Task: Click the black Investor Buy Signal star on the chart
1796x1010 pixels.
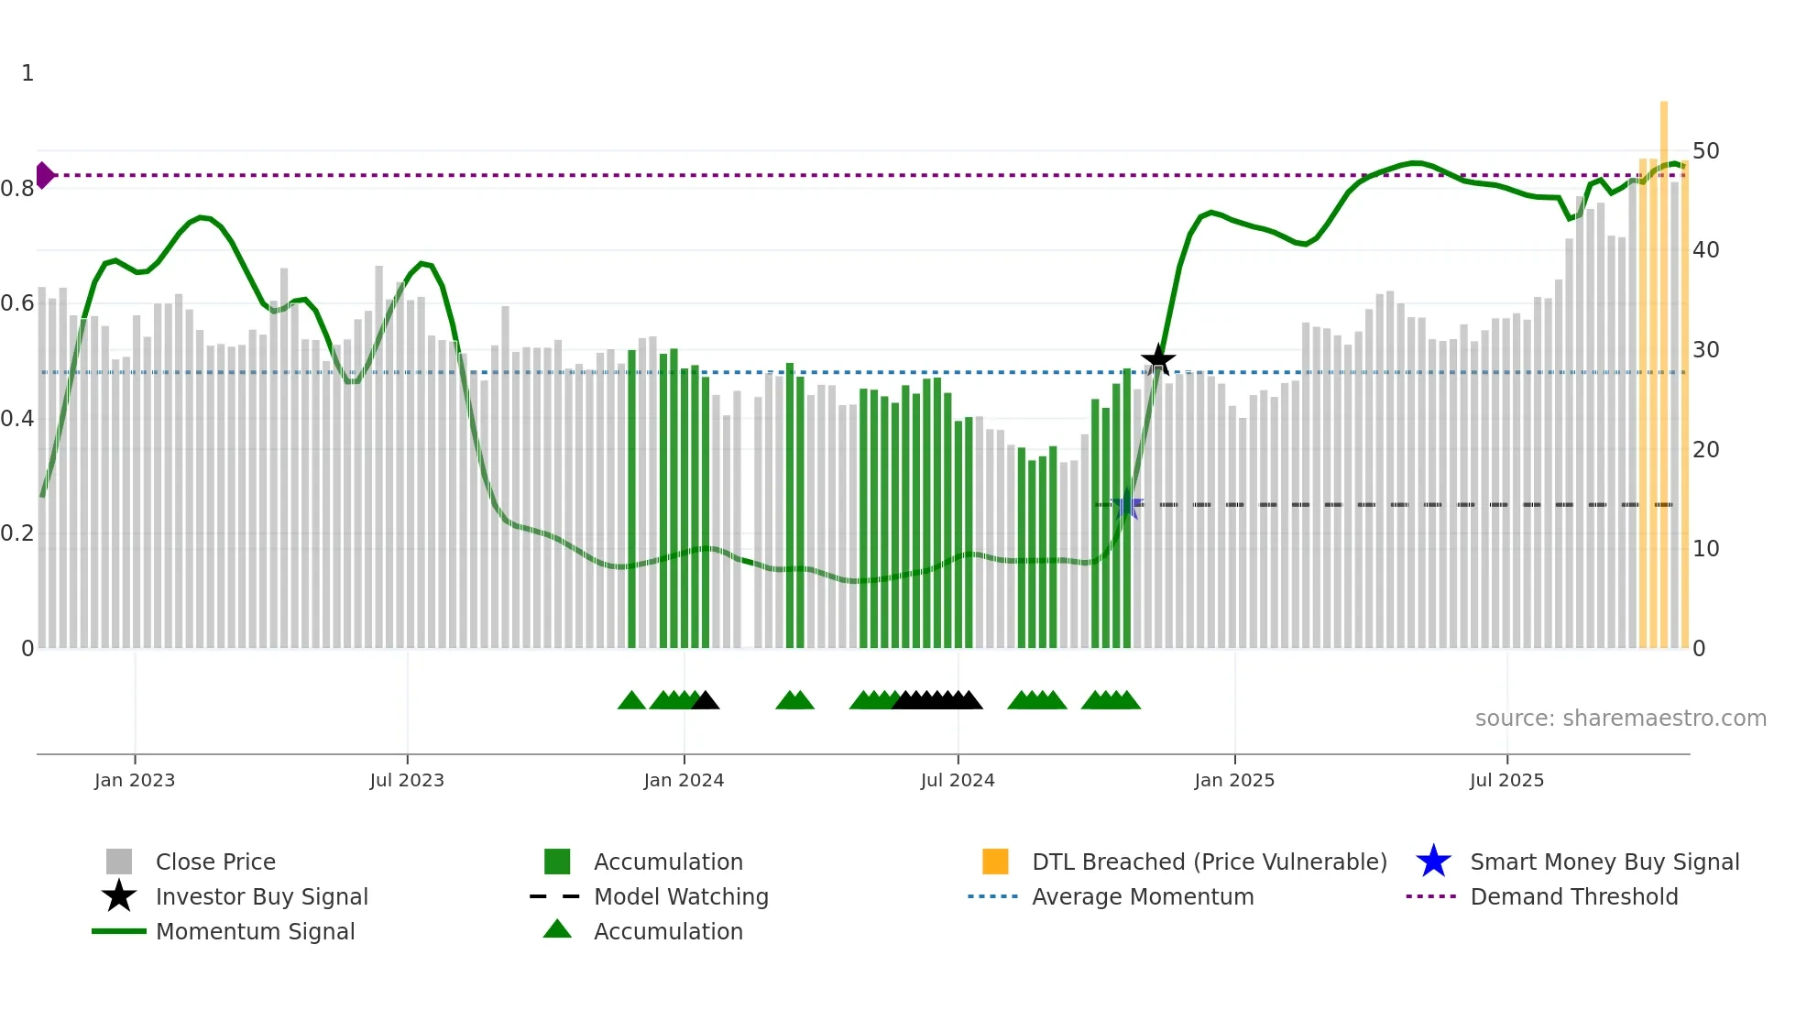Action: pos(1158,359)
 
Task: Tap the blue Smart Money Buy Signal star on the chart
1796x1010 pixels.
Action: pos(1127,504)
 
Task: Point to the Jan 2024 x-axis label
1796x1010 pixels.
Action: pos(684,780)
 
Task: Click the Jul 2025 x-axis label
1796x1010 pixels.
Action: pos(1506,780)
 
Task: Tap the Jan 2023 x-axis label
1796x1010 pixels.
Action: pos(135,780)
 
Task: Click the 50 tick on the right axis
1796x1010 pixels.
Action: pos(1705,150)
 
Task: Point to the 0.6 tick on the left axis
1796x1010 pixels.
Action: pos(17,303)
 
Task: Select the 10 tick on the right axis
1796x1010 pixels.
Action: pos(1705,549)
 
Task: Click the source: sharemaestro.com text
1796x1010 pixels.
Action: pos(1620,719)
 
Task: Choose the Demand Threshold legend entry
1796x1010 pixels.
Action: pos(1573,896)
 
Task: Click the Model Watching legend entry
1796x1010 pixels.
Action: pos(681,896)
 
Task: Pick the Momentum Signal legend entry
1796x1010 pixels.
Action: pos(255,931)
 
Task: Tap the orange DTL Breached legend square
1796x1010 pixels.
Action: pos(995,862)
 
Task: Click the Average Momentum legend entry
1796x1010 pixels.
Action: pos(1142,896)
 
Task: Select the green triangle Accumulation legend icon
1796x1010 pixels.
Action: pos(557,929)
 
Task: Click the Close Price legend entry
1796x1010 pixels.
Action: pos(215,862)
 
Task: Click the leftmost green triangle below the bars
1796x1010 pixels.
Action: pos(631,701)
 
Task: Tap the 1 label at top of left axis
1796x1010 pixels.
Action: pos(27,73)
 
